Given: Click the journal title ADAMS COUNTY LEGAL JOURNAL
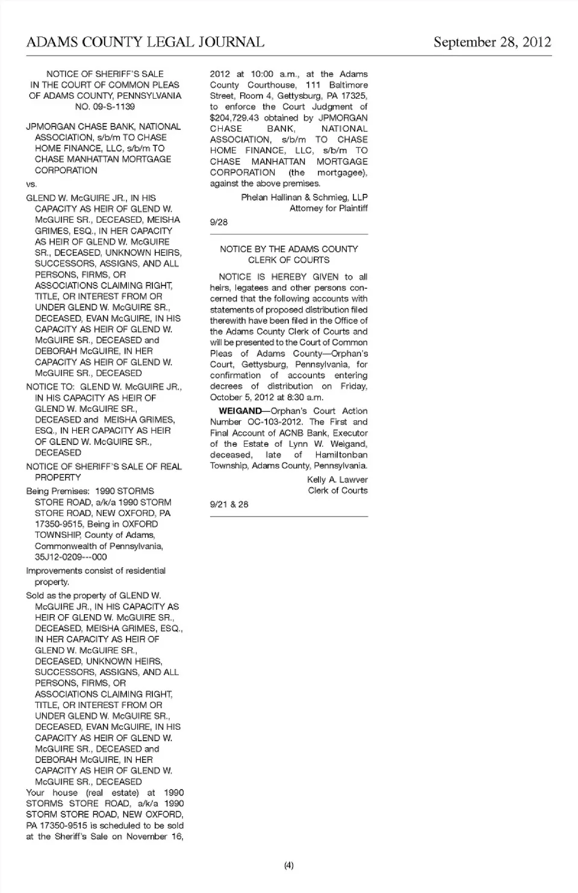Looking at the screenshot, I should [145, 42].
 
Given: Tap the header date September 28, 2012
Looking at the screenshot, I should [492, 42].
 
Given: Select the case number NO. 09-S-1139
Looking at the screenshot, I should [105, 107].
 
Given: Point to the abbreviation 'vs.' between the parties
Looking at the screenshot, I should [31, 184].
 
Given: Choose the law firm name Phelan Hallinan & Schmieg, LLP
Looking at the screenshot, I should [304, 198].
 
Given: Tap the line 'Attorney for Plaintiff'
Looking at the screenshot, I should [328, 208].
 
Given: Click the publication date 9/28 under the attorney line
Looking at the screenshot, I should [219, 222].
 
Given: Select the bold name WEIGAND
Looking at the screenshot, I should [240, 411].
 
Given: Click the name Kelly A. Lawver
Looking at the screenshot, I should [337, 480].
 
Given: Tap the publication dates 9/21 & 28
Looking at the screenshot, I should [229, 505].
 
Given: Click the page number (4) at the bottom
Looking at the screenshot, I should [289, 866].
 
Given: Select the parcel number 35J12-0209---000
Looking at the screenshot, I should [71, 557].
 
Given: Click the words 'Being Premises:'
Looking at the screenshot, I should [58, 491].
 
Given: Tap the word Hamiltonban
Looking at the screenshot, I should [341, 455].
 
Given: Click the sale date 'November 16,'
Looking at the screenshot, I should [156, 836].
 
